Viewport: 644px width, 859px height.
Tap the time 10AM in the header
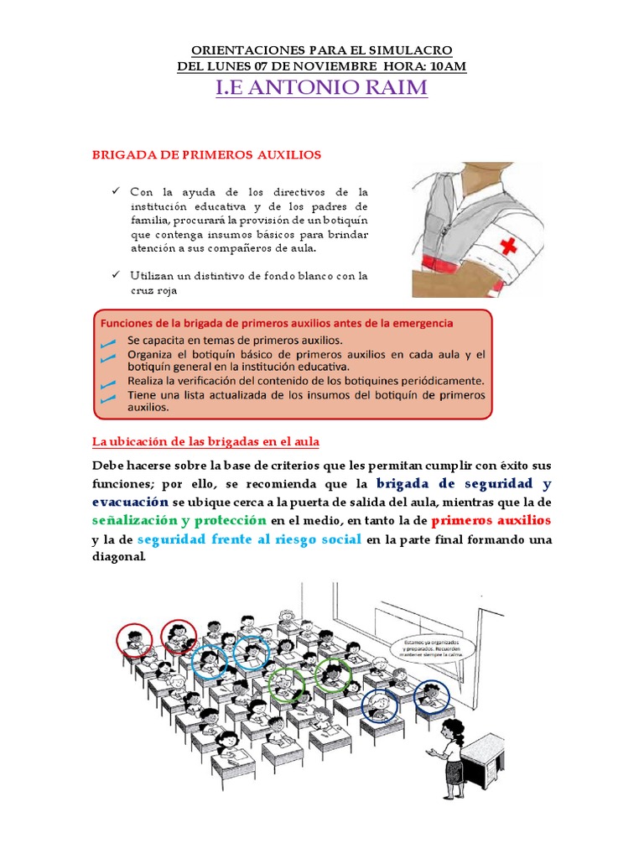[444, 66]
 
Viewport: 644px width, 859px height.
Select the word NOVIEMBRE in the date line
[320, 66]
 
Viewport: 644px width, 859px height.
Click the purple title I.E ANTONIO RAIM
[322, 88]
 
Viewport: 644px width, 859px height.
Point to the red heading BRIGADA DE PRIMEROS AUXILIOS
[205, 155]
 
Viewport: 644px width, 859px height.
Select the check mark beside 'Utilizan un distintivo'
[117, 275]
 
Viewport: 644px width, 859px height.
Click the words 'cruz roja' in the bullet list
[155, 290]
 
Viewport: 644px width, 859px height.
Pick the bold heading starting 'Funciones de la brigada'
[278, 322]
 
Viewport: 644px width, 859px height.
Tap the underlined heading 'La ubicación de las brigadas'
[205, 441]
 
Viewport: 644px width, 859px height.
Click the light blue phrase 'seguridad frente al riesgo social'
[249, 539]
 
